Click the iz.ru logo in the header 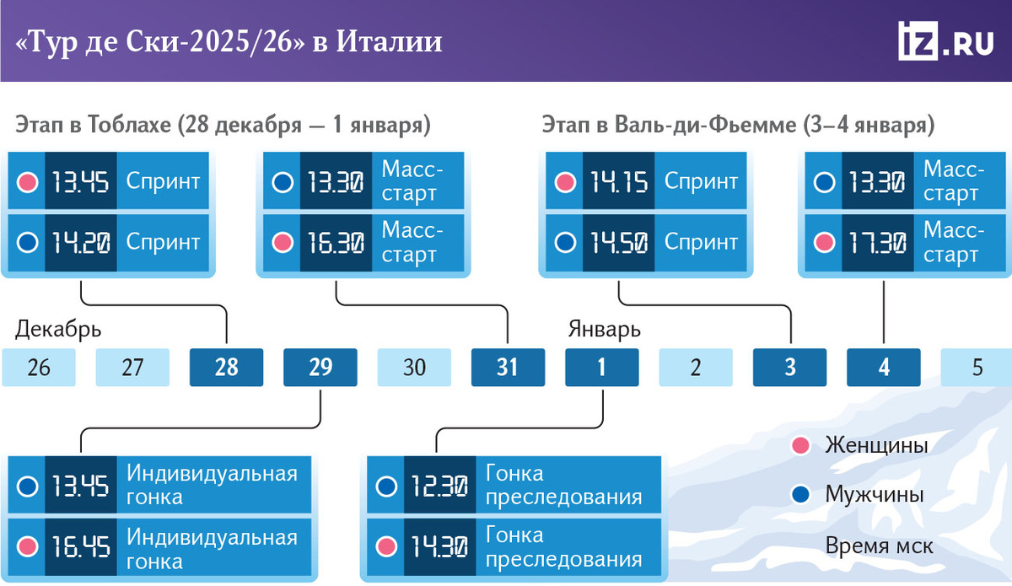click(945, 40)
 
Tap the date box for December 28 click(226, 367)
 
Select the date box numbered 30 click(414, 367)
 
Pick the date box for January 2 click(696, 367)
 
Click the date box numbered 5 click(977, 367)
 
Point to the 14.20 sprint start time click(81, 242)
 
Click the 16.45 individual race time click(81, 546)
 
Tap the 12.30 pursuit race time click(439, 487)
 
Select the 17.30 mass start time click(877, 242)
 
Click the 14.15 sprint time click(618, 181)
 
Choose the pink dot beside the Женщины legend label click(800, 445)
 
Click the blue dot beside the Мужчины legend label click(800, 494)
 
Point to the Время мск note click(879, 546)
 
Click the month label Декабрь click(58, 330)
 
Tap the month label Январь click(604, 330)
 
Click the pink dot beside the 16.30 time click(283, 243)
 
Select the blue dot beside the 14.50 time click(565, 243)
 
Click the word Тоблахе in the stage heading click(129, 125)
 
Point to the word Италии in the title click(389, 41)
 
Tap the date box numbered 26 click(39, 367)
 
